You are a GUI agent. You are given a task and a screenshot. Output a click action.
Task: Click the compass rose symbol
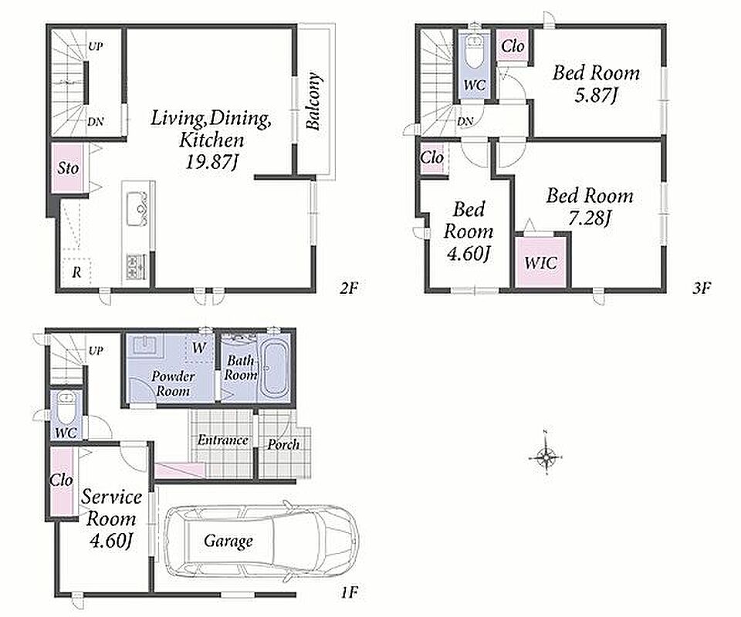click(x=546, y=457)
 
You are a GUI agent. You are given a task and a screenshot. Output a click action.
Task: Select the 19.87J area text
click(x=211, y=163)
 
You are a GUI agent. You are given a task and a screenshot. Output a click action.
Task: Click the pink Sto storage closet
click(x=68, y=168)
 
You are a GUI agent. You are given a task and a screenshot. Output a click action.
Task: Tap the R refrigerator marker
click(x=76, y=272)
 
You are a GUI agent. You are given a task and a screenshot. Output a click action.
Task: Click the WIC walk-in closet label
click(x=540, y=262)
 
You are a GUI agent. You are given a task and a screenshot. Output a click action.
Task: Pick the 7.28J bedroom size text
click(x=589, y=218)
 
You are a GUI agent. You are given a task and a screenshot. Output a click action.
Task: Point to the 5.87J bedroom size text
click(x=596, y=96)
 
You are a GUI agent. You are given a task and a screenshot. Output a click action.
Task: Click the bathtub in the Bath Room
click(x=273, y=368)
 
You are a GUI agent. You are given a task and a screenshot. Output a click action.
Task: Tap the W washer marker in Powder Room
click(x=199, y=348)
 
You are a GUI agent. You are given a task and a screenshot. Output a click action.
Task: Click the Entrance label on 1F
click(x=222, y=440)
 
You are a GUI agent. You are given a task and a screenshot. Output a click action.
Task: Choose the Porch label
click(x=283, y=444)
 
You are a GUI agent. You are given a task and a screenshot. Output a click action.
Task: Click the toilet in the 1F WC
click(x=65, y=406)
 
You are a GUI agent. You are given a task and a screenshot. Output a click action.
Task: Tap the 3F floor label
click(x=702, y=288)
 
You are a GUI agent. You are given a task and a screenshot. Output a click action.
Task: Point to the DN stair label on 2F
click(x=96, y=122)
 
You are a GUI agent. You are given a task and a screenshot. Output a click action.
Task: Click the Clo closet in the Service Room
click(x=62, y=481)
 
